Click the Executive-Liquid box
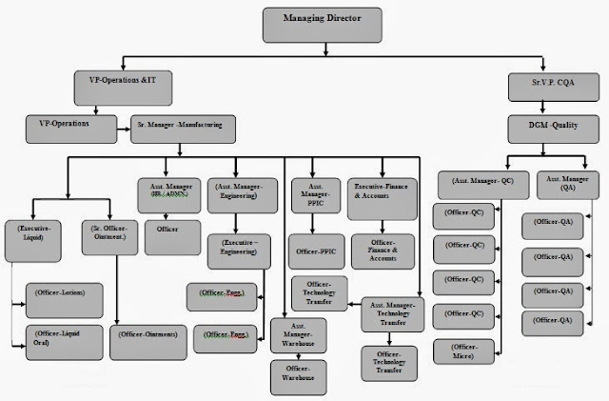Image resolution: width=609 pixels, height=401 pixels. (34, 233)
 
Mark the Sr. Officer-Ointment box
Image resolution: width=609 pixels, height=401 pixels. (108, 233)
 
